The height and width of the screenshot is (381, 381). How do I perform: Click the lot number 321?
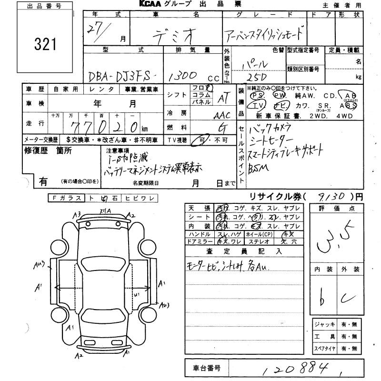coord(46,44)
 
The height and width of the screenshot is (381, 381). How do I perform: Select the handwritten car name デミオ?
coord(176,34)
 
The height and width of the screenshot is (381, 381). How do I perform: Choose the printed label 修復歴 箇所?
coord(48,151)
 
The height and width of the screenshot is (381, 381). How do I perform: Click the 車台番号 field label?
coord(206,368)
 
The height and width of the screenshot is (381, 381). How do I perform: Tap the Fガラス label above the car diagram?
coord(65,197)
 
